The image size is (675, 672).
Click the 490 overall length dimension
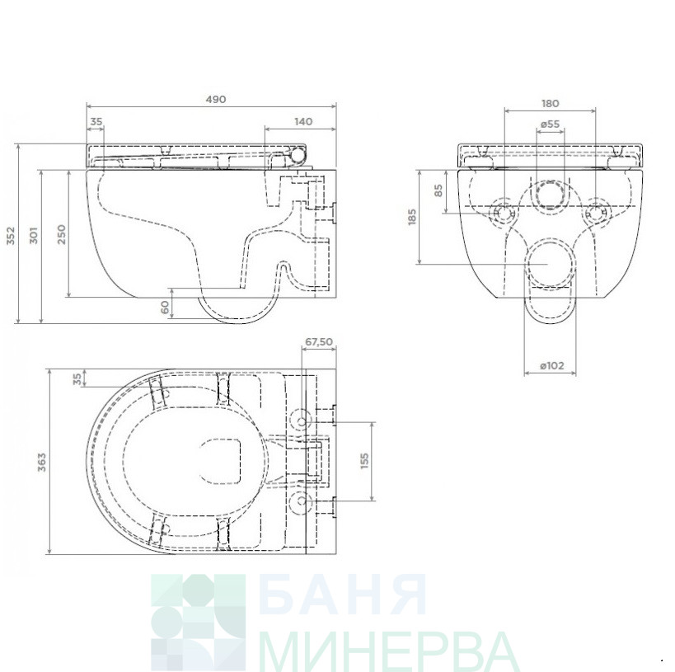(x=216, y=100)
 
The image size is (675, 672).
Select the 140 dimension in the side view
(x=303, y=122)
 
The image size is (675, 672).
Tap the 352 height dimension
(x=11, y=236)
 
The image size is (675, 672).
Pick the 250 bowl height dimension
(x=62, y=234)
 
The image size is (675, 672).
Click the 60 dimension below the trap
(x=165, y=308)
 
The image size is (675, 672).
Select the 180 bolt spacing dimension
(x=551, y=104)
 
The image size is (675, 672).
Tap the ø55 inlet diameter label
(x=550, y=124)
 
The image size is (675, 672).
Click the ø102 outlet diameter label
(x=551, y=366)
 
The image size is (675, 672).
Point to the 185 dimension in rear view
(x=412, y=217)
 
